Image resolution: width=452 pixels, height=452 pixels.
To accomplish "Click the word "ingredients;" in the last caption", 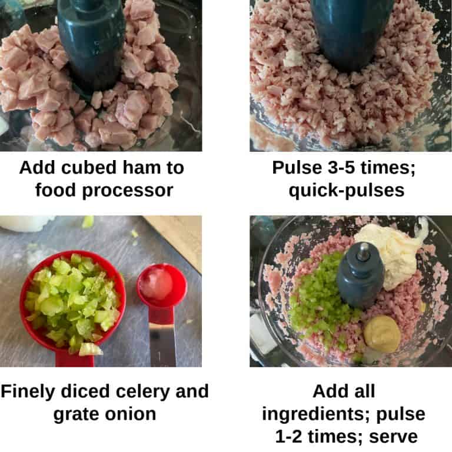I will click(x=323, y=414).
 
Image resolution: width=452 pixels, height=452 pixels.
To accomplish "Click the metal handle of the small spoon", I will click(x=162, y=341).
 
